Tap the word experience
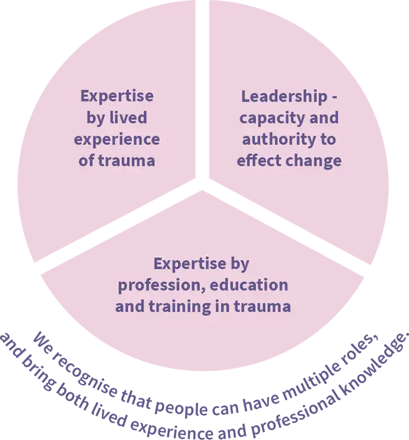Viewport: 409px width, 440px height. point(117,140)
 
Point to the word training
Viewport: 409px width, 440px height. point(179,306)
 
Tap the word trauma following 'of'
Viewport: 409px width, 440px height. point(127,161)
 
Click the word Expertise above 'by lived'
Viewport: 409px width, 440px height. point(117,97)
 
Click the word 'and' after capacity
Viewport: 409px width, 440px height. point(324,118)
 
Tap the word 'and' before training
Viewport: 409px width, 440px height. point(129,306)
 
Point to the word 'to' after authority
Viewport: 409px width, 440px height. point(328,140)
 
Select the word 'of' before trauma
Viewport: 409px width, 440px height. point(87,161)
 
